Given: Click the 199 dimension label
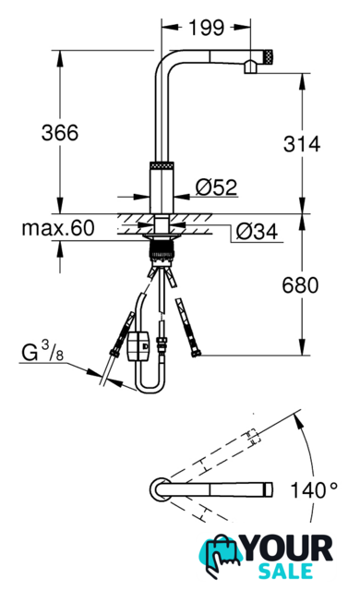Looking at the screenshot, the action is (x=206, y=28).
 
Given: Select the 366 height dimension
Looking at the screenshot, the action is (x=60, y=133).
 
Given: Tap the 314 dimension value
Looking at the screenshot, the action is (x=302, y=144).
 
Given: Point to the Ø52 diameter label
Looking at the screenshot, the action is (x=217, y=187).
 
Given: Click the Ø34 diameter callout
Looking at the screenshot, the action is (x=257, y=231).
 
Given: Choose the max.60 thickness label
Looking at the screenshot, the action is (x=58, y=228).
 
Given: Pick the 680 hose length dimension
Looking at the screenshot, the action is (x=300, y=285).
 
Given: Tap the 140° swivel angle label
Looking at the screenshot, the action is (x=314, y=490).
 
